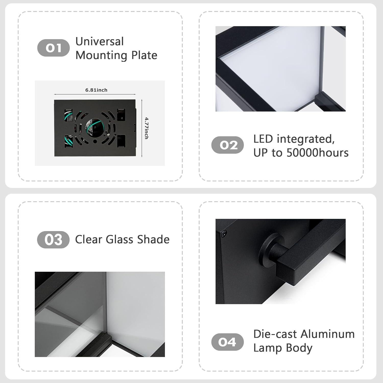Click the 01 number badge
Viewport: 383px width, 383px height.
(53, 48)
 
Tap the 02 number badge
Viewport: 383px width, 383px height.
(228, 145)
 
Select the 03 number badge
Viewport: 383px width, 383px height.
(53, 240)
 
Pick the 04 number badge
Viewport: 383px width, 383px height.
(227, 342)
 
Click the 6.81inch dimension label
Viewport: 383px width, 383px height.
(96, 90)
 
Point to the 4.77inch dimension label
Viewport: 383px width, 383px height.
(147, 128)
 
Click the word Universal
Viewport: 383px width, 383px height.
(100, 42)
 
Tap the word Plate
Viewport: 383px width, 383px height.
(144, 55)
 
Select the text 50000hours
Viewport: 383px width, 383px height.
(317, 153)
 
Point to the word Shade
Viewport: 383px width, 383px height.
(153, 240)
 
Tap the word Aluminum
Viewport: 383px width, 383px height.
(328, 334)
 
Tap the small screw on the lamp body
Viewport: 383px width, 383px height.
(224, 233)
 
